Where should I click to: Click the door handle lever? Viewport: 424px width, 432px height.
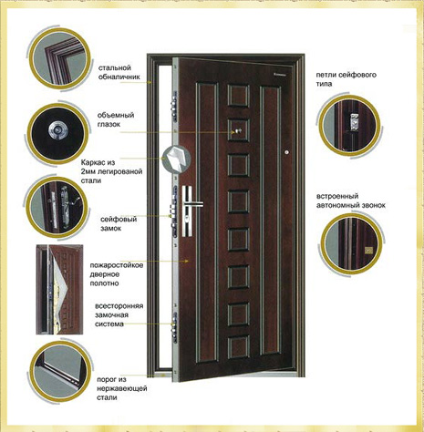pos(193,203)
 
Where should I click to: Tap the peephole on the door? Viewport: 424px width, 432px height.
pos(237,131)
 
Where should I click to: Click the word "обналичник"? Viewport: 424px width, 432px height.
pos(119,77)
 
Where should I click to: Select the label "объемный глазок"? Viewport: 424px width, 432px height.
pos(116,119)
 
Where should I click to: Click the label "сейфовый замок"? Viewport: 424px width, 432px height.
pos(119,223)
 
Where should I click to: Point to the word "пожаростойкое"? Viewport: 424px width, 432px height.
pos(117,265)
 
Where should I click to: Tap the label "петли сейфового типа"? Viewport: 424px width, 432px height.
pos(346,79)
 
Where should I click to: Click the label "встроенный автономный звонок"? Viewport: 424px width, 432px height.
pos(351,201)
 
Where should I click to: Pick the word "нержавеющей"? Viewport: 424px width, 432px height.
pos(122,388)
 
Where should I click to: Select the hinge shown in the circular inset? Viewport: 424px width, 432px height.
pos(354,122)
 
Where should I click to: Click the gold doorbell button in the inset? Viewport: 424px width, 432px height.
pos(369,250)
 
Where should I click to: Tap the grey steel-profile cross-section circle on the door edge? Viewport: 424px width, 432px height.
pos(176,159)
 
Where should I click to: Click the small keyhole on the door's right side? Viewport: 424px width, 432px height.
pos(286,152)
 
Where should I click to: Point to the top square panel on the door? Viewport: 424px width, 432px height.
pos(238,96)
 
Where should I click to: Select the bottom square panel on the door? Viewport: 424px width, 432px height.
pos(238,346)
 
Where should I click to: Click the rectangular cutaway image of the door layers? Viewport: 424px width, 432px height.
pos(59,289)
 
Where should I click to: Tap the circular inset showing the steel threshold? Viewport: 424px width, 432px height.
pos(60,372)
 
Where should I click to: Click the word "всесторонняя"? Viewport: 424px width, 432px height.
pos(119,306)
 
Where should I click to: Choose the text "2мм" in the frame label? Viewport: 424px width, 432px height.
pos(88,171)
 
